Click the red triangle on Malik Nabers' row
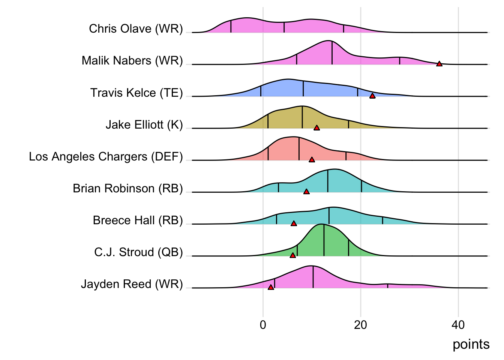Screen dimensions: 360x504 pos(439,64)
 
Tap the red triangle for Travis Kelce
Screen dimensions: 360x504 pos(372,96)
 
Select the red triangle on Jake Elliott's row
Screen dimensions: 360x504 pos(316,128)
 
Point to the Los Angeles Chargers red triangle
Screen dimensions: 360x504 pos(312,160)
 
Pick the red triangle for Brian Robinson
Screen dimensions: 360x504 pos(306,192)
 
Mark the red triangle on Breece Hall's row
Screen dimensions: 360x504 pos(294,223)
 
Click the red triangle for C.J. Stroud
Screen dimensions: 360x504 pos(293,255)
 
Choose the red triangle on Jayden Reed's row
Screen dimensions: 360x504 pos(271,287)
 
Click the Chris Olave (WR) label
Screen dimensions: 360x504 pos(136,29)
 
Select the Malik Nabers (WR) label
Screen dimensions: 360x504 pos(132,61)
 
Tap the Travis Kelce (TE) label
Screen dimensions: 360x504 pos(136,93)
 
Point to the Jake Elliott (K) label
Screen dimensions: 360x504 pos(144,124)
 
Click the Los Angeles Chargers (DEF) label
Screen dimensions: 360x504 pos(106,156)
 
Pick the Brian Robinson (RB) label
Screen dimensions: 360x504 pos(127,188)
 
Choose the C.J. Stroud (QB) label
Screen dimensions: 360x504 pos(138,252)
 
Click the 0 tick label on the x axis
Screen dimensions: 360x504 pos(263,325)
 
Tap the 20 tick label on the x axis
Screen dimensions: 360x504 pos(360,325)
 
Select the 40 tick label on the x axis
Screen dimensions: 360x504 pos(458,325)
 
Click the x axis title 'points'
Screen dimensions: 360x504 pos(471,345)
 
